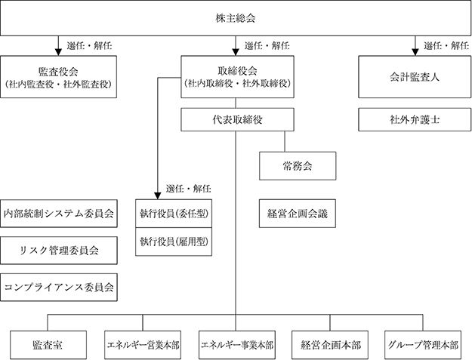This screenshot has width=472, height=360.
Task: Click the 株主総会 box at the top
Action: (236, 18)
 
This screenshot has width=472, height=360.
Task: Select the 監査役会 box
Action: (58, 77)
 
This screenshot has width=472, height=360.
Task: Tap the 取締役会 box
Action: (237, 77)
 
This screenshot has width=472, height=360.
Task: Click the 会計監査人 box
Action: (415, 77)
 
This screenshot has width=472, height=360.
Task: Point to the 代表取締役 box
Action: (237, 120)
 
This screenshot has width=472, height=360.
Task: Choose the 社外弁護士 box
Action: (415, 120)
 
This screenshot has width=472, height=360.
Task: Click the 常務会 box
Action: (298, 166)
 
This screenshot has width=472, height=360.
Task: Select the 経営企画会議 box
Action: (298, 214)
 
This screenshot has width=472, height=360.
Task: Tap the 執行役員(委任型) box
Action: (174, 214)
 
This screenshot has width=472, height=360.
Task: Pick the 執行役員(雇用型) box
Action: (174, 242)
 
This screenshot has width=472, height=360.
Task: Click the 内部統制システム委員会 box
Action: (59, 214)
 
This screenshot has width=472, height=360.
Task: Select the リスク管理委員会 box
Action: (59, 251)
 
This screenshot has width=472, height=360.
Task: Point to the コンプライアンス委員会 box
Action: (59, 288)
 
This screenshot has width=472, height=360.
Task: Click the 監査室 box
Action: (48, 345)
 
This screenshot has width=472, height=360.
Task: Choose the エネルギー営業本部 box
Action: (143, 345)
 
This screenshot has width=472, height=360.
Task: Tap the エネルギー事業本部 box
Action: (237, 345)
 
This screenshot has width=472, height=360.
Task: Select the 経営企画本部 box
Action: (330, 345)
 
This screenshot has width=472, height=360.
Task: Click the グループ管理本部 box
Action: (423, 345)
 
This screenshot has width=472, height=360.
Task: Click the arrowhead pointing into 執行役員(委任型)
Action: (157, 195)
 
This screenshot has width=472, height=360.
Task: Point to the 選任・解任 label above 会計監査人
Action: (446, 46)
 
